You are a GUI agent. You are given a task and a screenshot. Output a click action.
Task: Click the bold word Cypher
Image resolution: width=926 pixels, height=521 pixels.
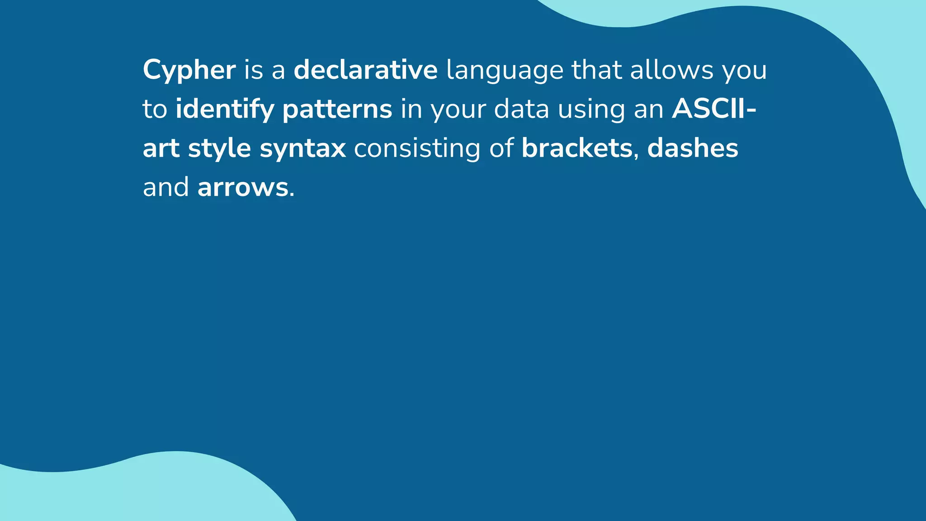point(189,71)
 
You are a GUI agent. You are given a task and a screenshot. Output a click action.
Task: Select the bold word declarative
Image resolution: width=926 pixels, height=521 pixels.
point(365,70)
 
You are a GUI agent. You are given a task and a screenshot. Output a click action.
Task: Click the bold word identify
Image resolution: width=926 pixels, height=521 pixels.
point(225,110)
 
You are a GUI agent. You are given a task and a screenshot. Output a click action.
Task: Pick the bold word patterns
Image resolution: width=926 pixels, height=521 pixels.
point(337,110)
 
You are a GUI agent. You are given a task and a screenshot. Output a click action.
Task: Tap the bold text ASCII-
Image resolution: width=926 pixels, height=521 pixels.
point(714,109)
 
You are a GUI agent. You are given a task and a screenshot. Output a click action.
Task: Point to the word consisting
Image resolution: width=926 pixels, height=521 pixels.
point(417,149)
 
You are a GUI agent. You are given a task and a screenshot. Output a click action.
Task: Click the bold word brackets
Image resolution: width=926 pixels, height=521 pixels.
point(576,148)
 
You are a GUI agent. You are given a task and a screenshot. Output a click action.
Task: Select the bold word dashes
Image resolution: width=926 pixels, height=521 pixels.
point(692,148)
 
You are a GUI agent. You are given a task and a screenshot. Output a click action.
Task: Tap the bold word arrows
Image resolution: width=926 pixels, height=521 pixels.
point(243,188)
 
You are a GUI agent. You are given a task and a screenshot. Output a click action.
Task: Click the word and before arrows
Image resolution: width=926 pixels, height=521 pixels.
point(165,187)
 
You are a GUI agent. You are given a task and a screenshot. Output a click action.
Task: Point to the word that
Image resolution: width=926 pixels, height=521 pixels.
point(596,70)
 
